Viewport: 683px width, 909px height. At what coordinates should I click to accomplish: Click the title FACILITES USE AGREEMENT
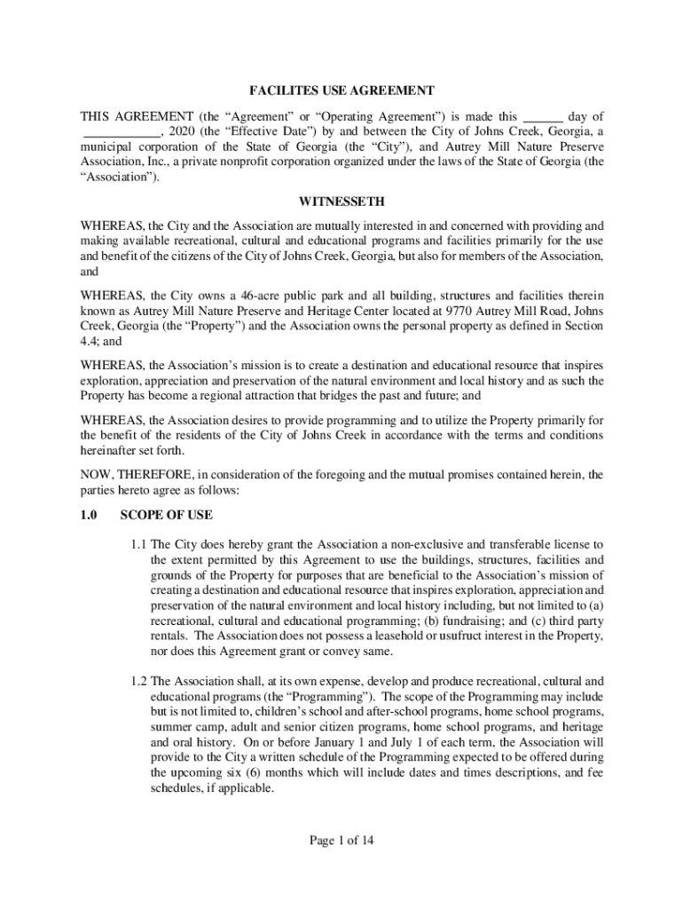tap(341, 91)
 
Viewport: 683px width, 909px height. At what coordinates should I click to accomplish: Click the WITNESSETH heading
tap(341, 202)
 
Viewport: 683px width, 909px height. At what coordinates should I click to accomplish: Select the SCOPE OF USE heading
tap(167, 515)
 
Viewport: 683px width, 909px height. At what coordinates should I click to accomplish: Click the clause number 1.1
tap(138, 543)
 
